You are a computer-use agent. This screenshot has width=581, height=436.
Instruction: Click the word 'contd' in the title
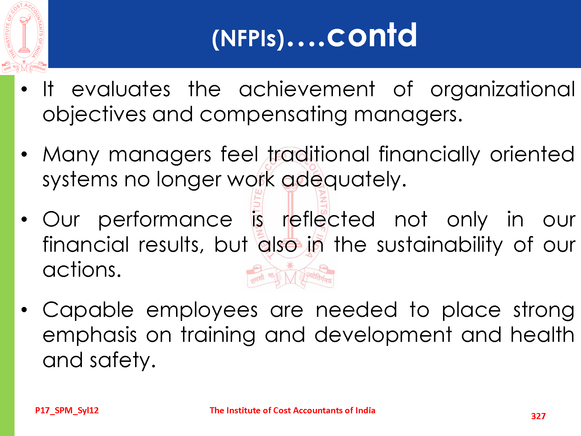[x=372, y=35]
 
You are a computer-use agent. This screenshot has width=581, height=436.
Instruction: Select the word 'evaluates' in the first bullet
[x=121, y=90]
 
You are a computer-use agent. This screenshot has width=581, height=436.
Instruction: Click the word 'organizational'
[x=503, y=90]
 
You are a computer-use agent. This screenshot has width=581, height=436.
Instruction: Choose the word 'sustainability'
[x=440, y=245]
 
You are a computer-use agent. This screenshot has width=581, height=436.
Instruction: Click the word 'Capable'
[x=88, y=310]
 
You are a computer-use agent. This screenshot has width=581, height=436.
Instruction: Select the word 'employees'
[x=202, y=310]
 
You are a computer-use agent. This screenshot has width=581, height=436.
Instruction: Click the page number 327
[x=538, y=416]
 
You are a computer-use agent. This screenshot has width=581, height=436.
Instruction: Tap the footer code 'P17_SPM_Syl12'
[x=67, y=410]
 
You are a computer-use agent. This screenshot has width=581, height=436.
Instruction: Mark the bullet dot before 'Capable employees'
[x=24, y=310]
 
